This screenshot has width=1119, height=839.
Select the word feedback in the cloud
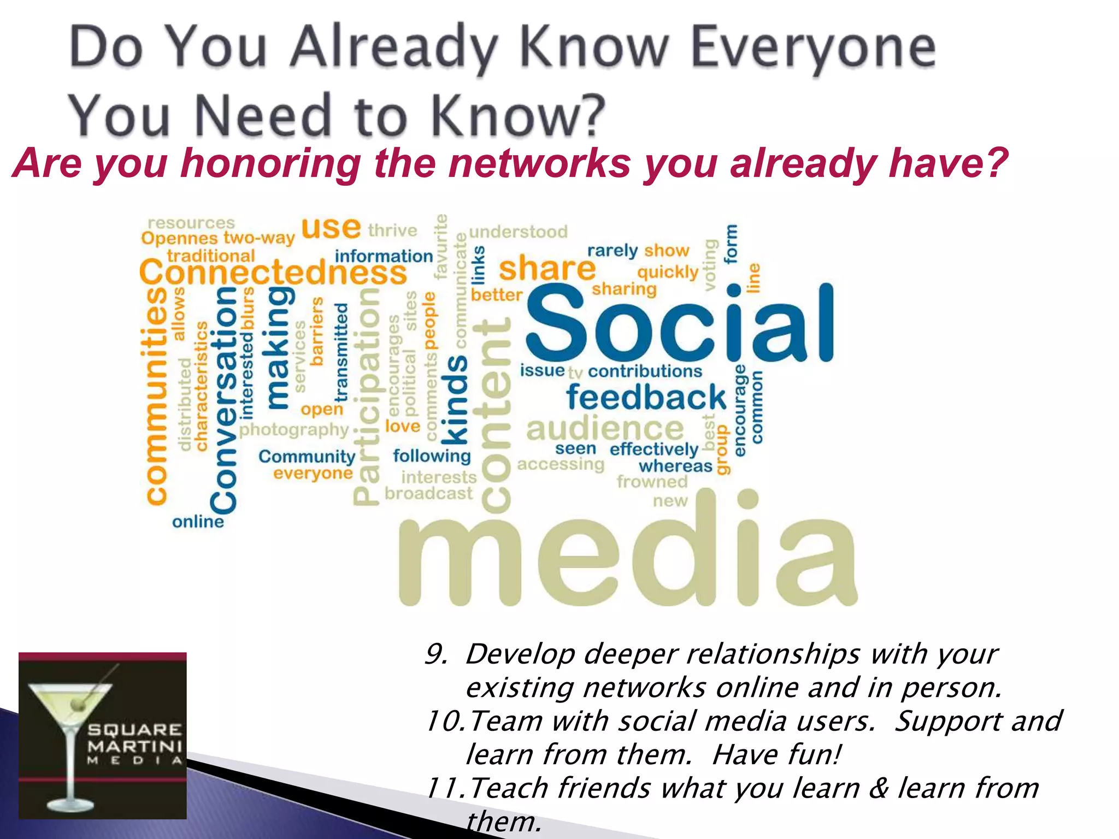tap(646, 397)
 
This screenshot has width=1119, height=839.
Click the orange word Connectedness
tap(273, 272)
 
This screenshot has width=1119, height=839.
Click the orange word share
tap(546, 269)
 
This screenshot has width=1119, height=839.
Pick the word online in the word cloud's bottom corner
tap(198, 522)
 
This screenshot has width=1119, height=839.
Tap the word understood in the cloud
tap(518, 232)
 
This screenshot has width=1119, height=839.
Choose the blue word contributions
tap(645, 371)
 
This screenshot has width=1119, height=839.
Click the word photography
tap(294, 430)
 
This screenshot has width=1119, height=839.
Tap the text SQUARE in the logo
tap(135, 730)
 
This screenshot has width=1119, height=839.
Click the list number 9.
tap(435, 654)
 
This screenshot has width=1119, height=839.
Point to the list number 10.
tap(444, 721)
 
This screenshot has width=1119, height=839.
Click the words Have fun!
tap(776, 755)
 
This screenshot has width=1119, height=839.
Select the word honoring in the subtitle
tap(270, 164)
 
